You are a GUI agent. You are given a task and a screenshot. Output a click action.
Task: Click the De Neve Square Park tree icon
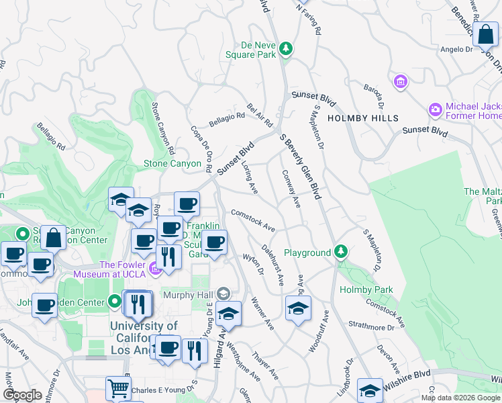click(x=287, y=48)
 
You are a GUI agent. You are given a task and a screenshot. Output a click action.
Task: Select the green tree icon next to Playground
click(x=342, y=252)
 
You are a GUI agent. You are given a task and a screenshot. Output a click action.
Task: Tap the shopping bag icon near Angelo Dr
click(x=485, y=34)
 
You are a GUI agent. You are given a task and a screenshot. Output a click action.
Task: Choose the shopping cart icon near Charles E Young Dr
click(x=118, y=388)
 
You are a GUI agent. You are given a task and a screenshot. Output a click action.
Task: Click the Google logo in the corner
click(x=22, y=395)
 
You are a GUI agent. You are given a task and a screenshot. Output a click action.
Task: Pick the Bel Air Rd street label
click(x=260, y=115)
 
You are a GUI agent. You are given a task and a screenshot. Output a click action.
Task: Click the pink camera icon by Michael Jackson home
click(x=435, y=109)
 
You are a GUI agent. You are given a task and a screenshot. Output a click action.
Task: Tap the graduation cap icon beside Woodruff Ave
click(x=298, y=308)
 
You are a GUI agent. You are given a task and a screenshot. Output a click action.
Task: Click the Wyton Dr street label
click(x=254, y=265)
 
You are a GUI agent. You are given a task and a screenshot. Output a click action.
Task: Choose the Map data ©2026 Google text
click(x=460, y=398)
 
